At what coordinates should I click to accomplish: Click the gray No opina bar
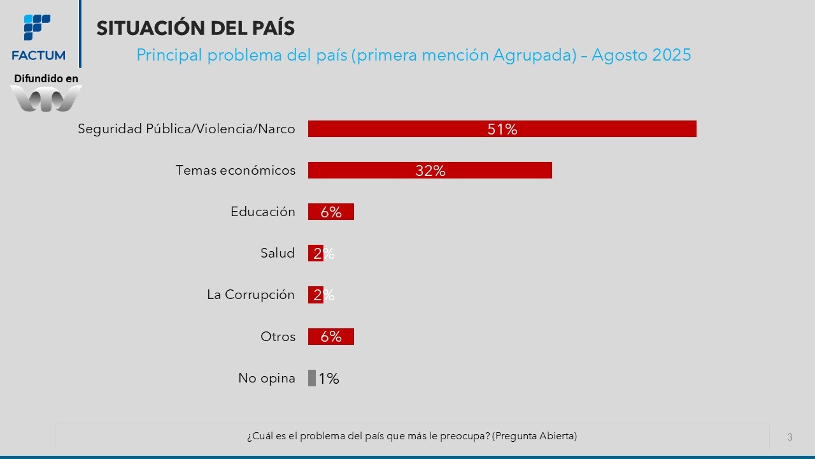pos(312,378)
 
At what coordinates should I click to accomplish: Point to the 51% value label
pos(502,129)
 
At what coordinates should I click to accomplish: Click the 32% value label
pos(430,171)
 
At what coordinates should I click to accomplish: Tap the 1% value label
pos(329,379)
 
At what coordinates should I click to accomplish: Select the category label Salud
pos(278,253)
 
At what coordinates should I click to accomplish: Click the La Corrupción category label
pos(251,295)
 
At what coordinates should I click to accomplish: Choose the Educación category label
pos(263,212)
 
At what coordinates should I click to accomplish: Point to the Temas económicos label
pos(236,170)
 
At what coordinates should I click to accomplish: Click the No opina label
pos(267,378)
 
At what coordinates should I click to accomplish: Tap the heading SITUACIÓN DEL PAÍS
pos(195,28)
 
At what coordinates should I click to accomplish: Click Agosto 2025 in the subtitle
pos(641,55)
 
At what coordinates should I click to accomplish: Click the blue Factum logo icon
pos(38,27)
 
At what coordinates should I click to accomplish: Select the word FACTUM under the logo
pos(38,55)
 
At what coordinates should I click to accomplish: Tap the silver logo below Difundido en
pos(46,98)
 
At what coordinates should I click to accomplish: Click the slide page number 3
pos(790,437)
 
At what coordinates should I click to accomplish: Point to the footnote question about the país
pos(412,436)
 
